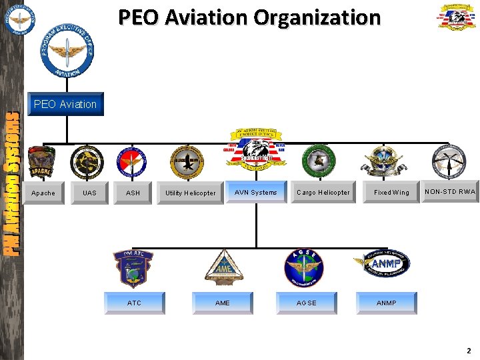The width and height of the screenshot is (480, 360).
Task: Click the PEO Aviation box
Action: (x=65, y=104)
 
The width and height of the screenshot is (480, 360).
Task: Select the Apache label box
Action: (x=43, y=193)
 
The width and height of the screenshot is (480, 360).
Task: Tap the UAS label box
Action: (x=89, y=193)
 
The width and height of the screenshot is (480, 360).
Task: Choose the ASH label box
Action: (x=133, y=193)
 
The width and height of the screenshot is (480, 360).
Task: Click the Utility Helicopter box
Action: (x=191, y=193)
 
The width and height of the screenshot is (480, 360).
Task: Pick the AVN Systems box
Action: (x=256, y=192)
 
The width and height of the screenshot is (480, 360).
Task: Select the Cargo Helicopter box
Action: (x=323, y=192)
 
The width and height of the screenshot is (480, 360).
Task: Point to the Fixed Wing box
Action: (x=391, y=192)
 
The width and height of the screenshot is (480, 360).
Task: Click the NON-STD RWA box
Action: (x=450, y=191)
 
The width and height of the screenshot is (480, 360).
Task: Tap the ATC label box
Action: (x=134, y=303)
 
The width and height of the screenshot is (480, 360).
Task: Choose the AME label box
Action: (x=223, y=303)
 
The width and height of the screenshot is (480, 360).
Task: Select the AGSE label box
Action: (x=307, y=303)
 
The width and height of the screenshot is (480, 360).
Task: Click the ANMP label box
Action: (x=387, y=303)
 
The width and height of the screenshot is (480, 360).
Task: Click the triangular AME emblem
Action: (x=223, y=269)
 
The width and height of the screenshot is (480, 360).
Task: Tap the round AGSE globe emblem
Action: (x=303, y=268)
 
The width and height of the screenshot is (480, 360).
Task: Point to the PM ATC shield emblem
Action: (x=133, y=268)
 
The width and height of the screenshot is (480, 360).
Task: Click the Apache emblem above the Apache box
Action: (x=42, y=162)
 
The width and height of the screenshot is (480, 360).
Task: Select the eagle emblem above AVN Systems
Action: (x=256, y=153)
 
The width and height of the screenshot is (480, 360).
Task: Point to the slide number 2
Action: (x=469, y=351)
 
